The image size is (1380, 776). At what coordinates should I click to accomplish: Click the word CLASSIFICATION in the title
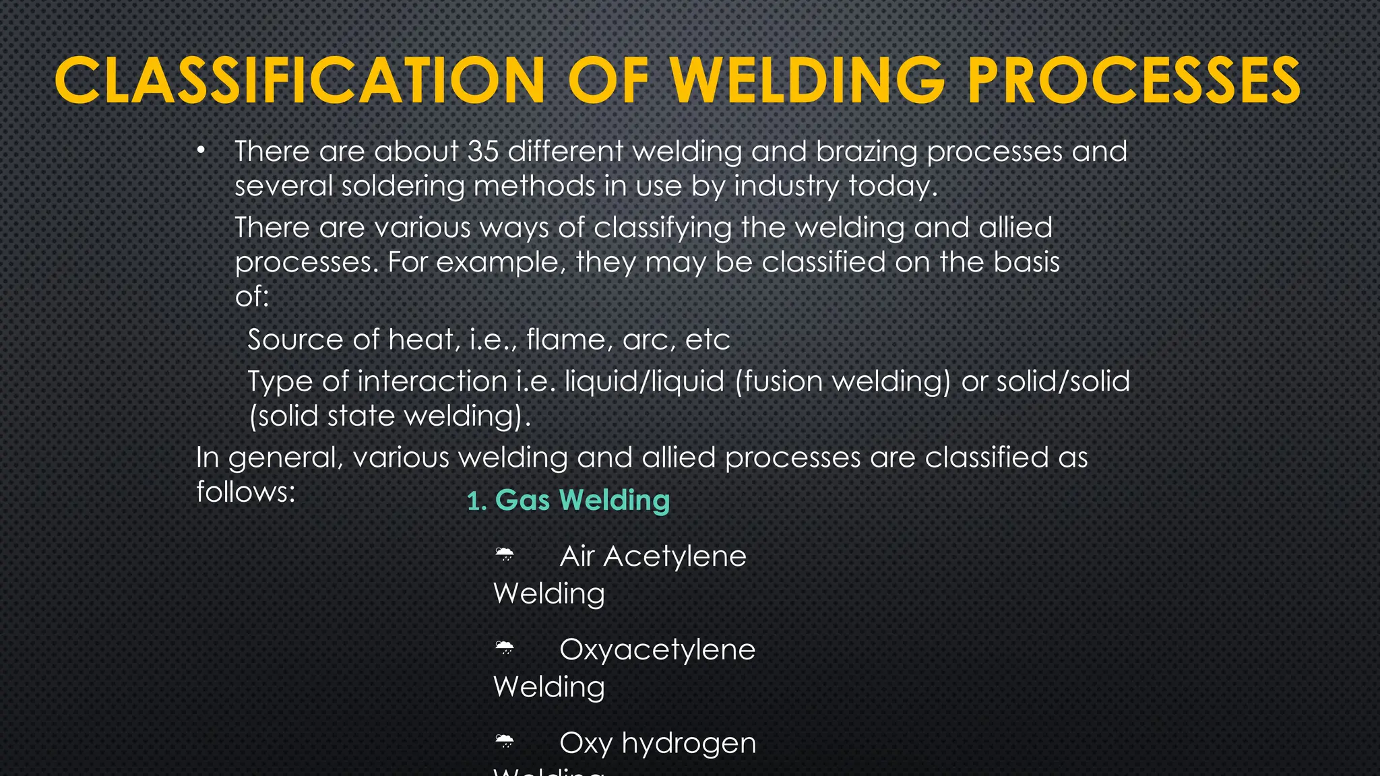tap(300, 81)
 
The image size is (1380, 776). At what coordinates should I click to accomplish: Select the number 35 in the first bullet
tap(483, 151)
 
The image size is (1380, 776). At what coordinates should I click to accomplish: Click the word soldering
tap(403, 187)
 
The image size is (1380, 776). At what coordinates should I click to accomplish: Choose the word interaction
tap(432, 381)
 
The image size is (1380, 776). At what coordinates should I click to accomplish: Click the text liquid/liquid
tap(644, 381)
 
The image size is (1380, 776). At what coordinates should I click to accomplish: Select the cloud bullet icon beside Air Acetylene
tap(505, 556)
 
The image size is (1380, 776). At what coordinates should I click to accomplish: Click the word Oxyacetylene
tap(657, 650)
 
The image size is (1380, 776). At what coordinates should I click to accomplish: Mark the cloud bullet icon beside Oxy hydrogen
tap(505, 742)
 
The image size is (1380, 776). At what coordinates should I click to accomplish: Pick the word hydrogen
tap(689, 744)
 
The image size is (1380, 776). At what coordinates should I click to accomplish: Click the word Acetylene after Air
tap(675, 557)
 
